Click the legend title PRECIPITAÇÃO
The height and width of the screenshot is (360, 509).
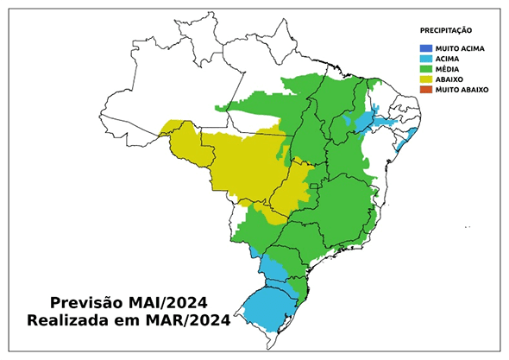(x=447, y=30)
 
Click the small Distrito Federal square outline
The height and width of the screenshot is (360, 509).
(x=315, y=186)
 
